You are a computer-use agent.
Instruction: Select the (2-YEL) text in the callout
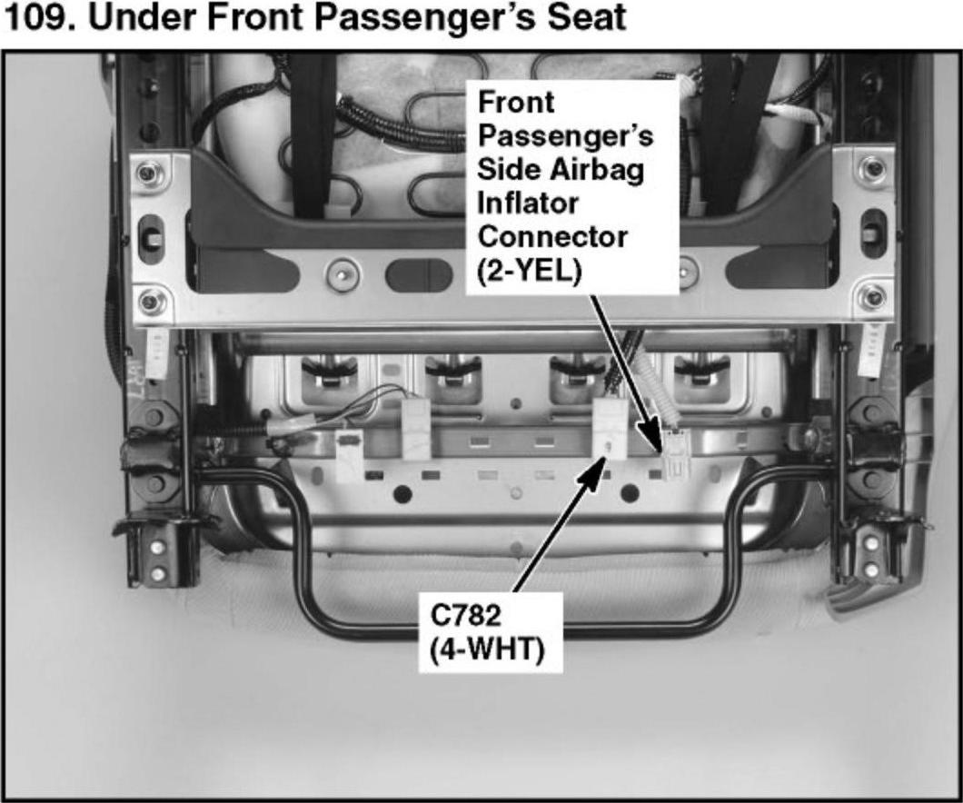pos(530,271)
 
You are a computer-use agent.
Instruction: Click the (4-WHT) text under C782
pos(487,649)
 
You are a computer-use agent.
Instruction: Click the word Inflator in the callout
pos(528,203)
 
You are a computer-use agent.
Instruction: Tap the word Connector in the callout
pos(552,237)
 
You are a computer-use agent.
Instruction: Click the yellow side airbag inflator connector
pos(676,454)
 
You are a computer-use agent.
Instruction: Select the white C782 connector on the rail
pos(611,429)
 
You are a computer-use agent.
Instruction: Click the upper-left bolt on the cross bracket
pos(148,173)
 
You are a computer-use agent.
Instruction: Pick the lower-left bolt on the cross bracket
pos(150,300)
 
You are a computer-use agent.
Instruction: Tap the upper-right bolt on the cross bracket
pos(872,167)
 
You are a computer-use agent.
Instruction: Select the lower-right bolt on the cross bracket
pos(872,298)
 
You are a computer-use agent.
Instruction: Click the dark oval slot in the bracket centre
pos(419,274)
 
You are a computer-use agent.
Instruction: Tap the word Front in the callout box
pos(516,103)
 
